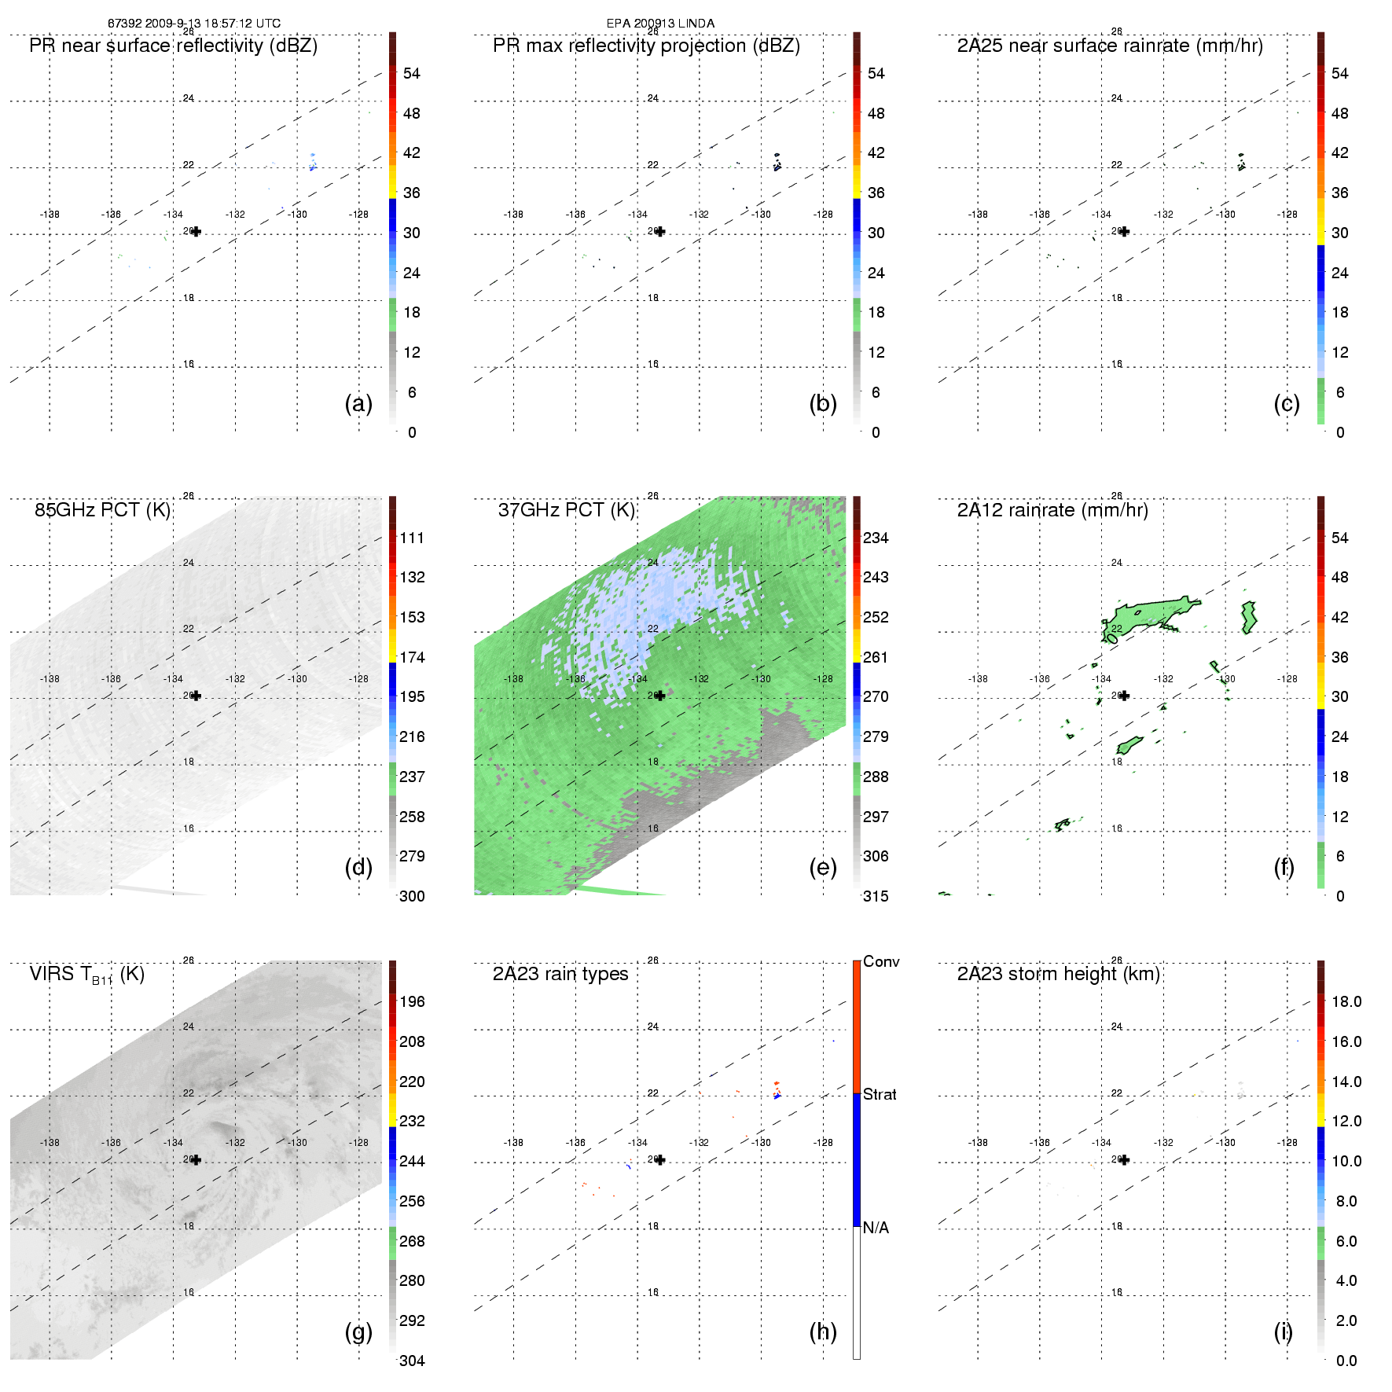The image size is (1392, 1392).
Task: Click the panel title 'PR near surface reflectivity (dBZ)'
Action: tap(173, 46)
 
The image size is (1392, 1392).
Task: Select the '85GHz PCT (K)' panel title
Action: tap(102, 510)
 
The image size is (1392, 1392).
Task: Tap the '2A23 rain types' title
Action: tap(560, 975)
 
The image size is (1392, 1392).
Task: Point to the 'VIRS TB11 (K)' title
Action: tap(86, 975)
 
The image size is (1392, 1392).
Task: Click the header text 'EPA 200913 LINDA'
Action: tap(660, 24)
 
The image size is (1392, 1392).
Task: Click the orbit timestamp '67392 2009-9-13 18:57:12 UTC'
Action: tap(193, 24)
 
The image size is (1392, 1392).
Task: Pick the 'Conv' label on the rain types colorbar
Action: tap(880, 962)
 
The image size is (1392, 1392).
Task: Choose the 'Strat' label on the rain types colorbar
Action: tap(879, 1095)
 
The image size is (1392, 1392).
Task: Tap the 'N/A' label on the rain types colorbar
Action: tap(876, 1228)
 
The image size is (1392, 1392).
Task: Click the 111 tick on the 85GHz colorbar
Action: tap(412, 538)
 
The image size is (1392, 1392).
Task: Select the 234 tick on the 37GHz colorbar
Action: tap(876, 538)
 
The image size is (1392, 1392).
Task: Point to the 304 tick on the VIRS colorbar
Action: tap(412, 1361)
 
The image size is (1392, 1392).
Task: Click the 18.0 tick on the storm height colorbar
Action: tap(1346, 1002)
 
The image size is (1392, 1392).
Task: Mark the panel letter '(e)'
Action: tap(822, 868)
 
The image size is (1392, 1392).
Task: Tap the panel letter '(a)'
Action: tap(358, 404)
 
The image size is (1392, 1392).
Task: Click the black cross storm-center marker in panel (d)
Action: tap(196, 696)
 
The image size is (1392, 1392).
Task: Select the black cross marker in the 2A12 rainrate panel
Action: tap(1124, 696)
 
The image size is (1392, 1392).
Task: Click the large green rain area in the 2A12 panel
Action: tap(1148, 613)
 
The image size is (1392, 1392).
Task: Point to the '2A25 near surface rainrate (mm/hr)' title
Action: tap(1109, 46)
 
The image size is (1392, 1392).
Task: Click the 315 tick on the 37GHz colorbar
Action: tap(876, 897)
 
